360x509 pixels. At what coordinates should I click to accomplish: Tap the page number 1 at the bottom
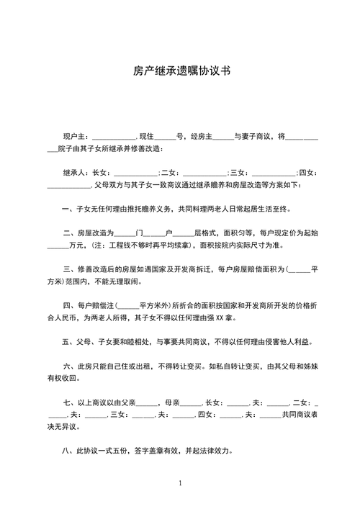(x=180, y=483)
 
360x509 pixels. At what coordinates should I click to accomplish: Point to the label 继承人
(x=75, y=172)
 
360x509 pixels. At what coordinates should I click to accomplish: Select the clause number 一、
(x=68, y=209)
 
